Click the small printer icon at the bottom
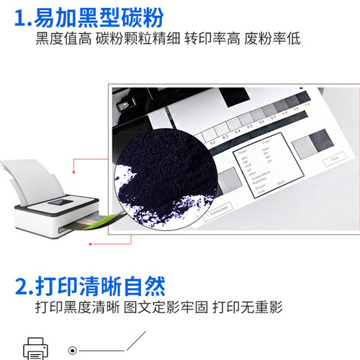tap(36, 348)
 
